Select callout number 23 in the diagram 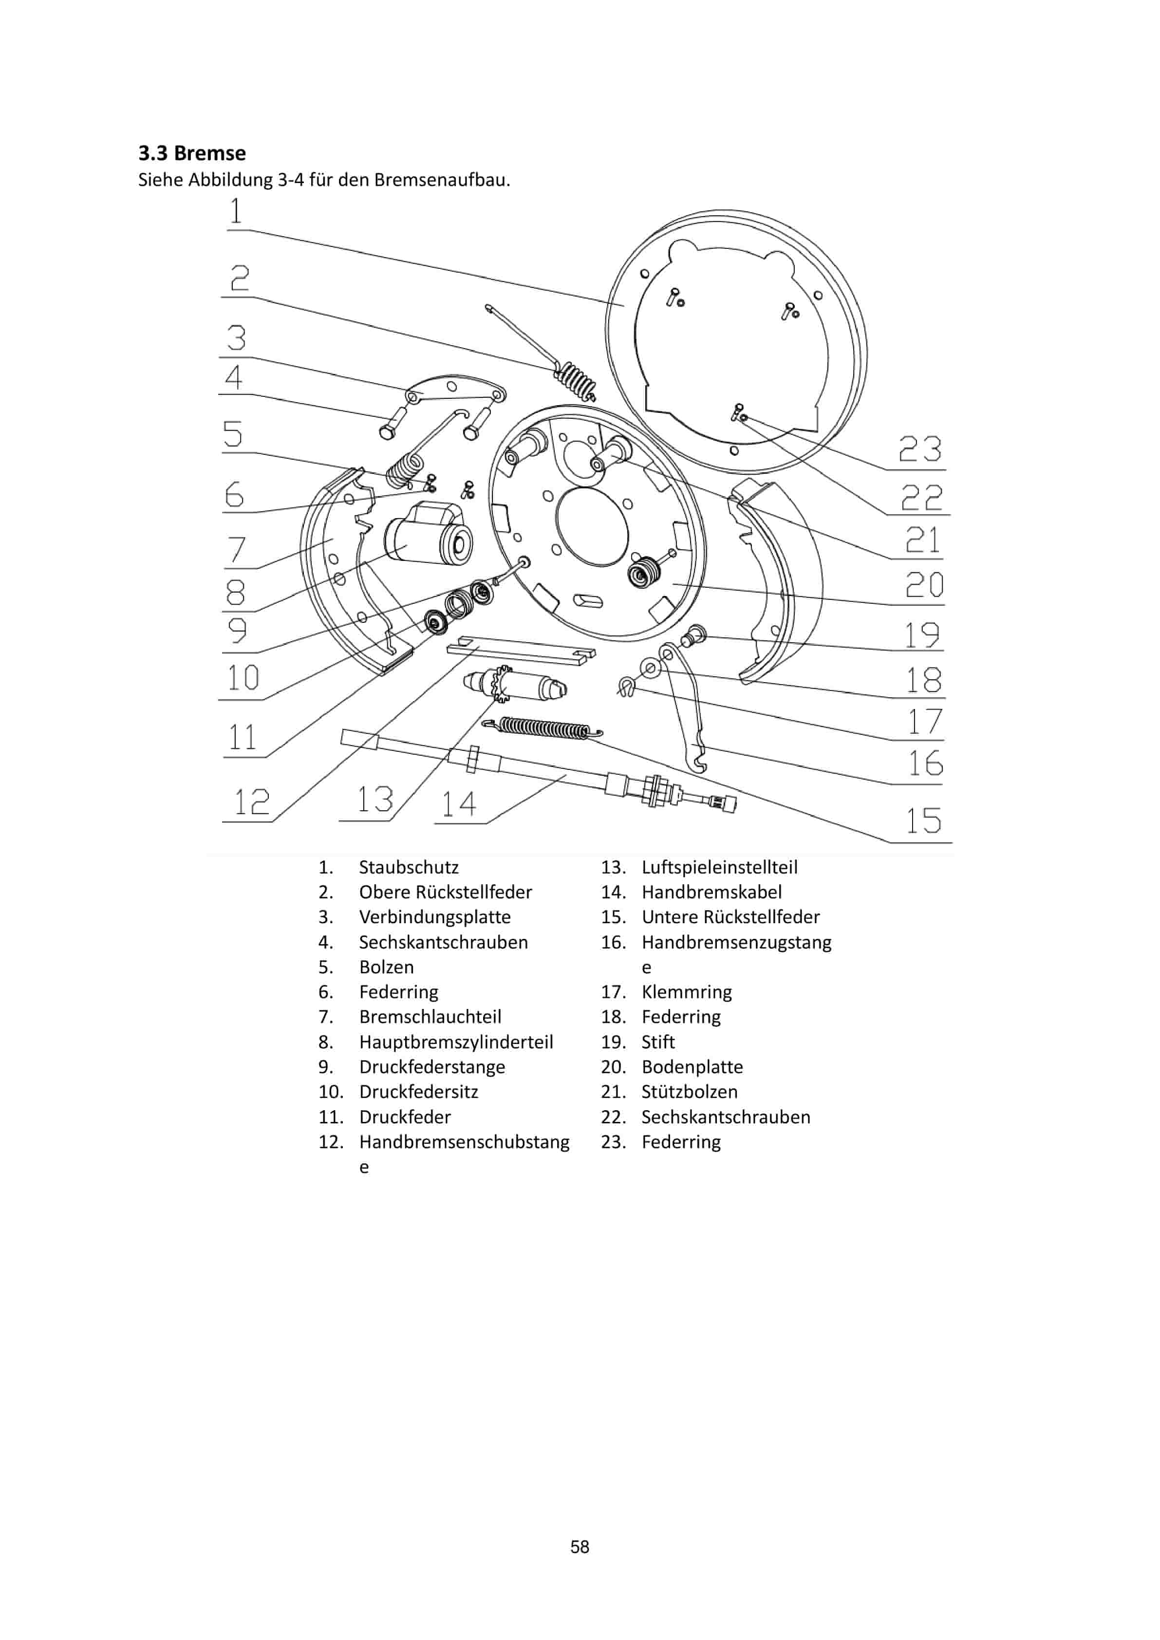(919, 449)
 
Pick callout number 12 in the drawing (251, 802)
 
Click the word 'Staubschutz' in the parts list (409, 867)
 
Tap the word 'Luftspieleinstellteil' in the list (719, 867)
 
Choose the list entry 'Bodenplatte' (692, 1067)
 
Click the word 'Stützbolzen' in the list (689, 1092)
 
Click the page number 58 (580, 1547)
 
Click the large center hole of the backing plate (591, 527)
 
